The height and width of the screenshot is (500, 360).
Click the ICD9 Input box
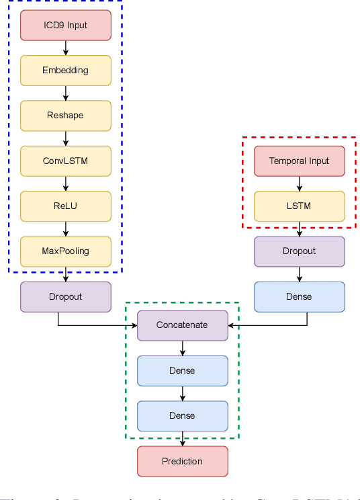coord(66,25)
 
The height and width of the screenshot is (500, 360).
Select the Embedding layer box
coord(66,70)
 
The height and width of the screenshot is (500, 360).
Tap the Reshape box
coord(66,116)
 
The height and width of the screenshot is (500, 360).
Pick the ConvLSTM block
coord(66,161)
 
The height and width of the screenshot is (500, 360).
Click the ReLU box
coord(66,206)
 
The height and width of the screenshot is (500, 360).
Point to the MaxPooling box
coord(66,251)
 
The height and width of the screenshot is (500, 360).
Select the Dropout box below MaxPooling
coord(66,296)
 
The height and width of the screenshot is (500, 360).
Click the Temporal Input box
coord(300,161)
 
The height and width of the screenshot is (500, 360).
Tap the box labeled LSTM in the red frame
coord(300,206)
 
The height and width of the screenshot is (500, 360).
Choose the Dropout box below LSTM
coord(300,251)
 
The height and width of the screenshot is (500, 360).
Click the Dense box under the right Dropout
coord(300,296)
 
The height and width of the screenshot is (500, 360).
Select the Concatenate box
coord(183,325)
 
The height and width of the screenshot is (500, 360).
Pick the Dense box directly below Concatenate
coord(183,370)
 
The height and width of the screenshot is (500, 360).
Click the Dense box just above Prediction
coord(183,415)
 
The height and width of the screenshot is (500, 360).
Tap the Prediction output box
coord(183,461)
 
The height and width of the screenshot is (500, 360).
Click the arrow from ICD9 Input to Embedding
coord(66,48)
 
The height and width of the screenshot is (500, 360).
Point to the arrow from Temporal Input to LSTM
coord(300,183)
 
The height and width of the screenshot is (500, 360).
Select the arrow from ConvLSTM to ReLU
coord(66,183)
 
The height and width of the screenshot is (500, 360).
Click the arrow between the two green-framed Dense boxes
coord(183,393)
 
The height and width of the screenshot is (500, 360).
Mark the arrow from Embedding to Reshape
coord(66,93)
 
